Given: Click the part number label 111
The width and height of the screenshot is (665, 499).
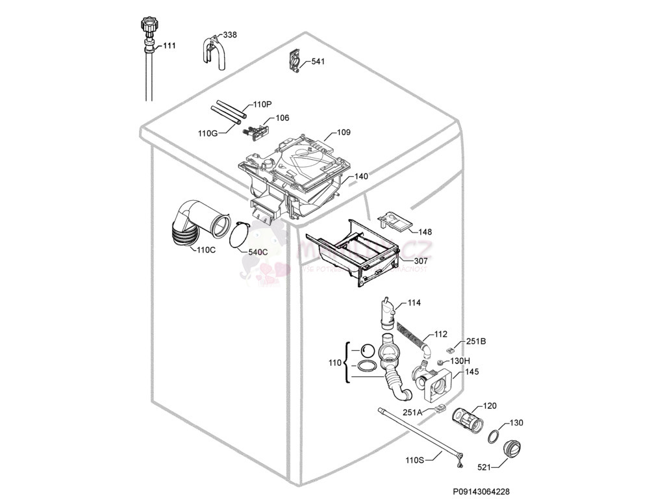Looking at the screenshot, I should point(169,45).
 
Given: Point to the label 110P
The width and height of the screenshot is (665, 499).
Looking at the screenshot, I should point(262,104).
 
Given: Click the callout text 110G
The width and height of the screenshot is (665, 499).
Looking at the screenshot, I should point(208,133).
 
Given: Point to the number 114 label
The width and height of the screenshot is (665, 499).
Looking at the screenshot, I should point(414,303).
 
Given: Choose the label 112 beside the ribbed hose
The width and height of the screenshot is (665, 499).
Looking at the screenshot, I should point(440,335).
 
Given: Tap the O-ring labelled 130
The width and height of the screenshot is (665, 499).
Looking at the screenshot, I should point(493,435).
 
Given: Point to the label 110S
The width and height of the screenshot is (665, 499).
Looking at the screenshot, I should point(414,460).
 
